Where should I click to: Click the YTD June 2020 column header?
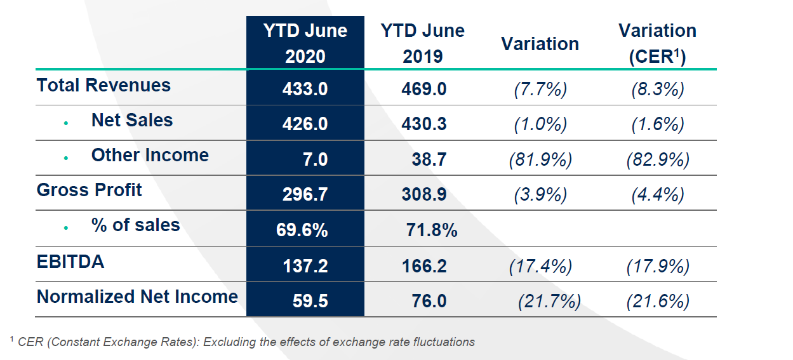coord(305,43)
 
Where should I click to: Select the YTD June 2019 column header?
coord(422,43)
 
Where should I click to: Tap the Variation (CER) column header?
coord(657,43)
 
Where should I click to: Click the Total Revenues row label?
coord(103,86)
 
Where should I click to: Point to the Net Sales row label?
coord(132,121)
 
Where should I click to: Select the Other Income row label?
coord(150,156)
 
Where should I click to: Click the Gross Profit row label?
coord(90,190)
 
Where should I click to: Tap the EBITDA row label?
coord(70,262)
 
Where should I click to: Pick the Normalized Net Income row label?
coord(137,297)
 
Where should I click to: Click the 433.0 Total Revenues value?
coord(305,90)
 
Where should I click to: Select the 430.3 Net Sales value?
coord(424,124)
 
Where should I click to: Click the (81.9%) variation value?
coord(540,159)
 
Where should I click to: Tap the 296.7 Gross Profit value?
coord(305,194)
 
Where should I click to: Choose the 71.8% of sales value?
coord(432,230)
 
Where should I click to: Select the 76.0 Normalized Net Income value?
coord(429,301)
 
